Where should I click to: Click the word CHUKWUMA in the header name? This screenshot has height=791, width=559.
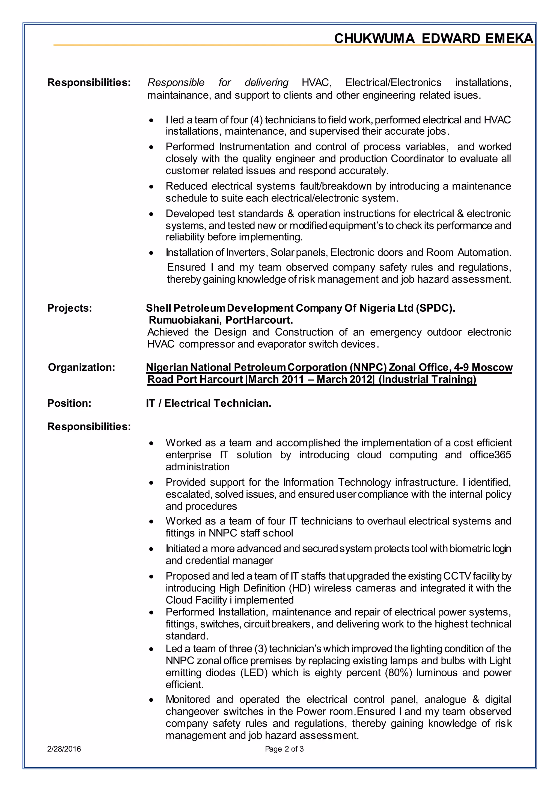click(x=374, y=38)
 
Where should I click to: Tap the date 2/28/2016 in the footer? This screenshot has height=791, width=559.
click(x=64, y=749)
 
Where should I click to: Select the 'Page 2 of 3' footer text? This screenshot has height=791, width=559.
click(x=284, y=749)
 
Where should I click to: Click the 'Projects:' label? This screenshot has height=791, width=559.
click(x=70, y=308)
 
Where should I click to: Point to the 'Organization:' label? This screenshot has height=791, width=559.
click(x=81, y=367)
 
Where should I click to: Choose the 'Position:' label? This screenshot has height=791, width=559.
click(x=69, y=403)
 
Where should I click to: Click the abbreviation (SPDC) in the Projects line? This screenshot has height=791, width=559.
click(x=435, y=308)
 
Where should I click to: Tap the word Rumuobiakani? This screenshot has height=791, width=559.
click(x=185, y=320)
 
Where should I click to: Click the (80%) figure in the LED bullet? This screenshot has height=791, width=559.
click(x=398, y=672)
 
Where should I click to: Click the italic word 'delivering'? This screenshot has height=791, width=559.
click(x=266, y=83)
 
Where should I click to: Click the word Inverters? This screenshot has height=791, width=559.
click(x=247, y=253)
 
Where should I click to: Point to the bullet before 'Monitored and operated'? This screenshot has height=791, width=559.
click(x=151, y=700)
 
